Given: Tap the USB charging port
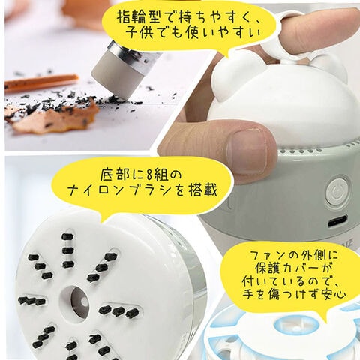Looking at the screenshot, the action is tap(337, 221).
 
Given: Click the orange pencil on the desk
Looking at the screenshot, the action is tap(41, 81).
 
